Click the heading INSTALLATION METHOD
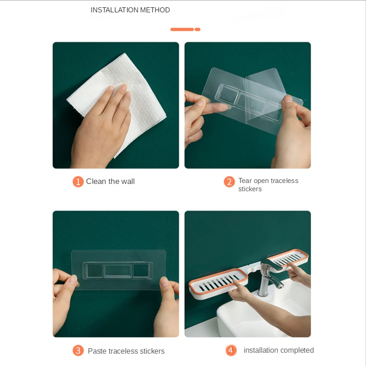(x=130, y=10)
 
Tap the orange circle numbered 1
(x=78, y=182)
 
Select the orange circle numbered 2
(x=229, y=182)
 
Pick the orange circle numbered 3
(x=78, y=350)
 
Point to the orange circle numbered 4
(x=231, y=350)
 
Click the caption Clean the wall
(x=110, y=181)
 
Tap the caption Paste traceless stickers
(x=126, y=351)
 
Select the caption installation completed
(x=279, y=350)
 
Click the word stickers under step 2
(x=250, y=189)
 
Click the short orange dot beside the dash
(x=198, y=29)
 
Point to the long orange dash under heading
(x=182, y=29)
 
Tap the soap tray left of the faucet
(x=218, y=284)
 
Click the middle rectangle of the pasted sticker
(x=118, y=270)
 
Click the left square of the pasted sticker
(x=95, y=271)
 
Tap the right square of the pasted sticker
(x=141, y=270)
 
